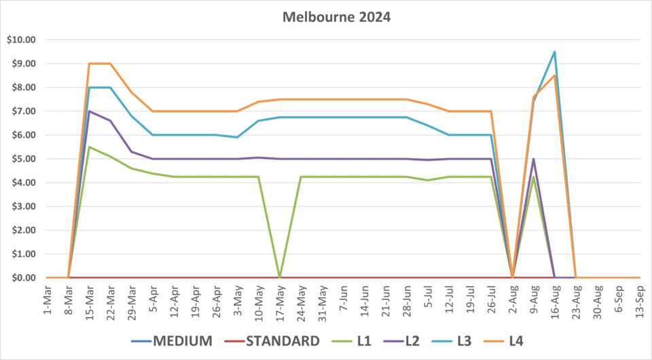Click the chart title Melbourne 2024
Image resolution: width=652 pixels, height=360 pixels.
coord(336,18)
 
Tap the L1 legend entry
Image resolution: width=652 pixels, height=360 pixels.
coord(365,340)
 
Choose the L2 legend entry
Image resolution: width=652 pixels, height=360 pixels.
coord(423,340)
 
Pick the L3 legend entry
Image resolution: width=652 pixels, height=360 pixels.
coord(481,340)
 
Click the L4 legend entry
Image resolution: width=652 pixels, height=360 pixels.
coord(539,340)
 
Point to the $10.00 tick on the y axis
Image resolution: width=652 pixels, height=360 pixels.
coord(20,39)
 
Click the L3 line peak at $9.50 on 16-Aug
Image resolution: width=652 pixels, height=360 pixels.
coord(554,52)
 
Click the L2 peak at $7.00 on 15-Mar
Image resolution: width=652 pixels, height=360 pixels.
coord(89,111)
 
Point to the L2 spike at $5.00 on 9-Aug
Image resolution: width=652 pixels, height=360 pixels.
coord(533,159)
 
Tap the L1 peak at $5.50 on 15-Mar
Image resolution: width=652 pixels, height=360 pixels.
coord(89,147)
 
